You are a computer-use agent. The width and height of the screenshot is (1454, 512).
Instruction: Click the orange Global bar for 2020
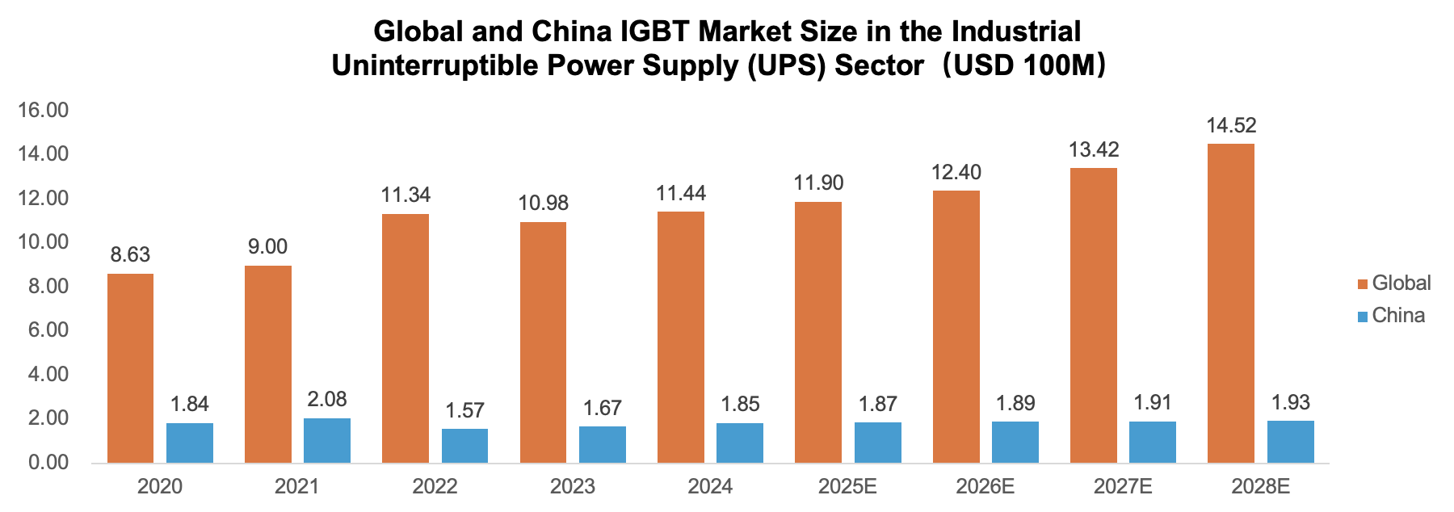(130, 368)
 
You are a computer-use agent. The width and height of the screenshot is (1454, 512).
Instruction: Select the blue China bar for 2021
(327, 440)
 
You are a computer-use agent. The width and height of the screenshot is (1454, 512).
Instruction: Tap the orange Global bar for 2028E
(1231, 303)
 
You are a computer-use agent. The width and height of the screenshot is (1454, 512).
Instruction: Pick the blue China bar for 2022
(464, 446)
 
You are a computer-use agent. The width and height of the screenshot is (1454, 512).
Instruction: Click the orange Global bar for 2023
(543, 342)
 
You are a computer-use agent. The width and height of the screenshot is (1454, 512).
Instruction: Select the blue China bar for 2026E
(1015, 442)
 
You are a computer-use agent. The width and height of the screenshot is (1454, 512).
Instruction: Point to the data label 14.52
(1231, 125)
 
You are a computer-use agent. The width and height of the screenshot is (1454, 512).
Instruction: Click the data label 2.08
(327, 399)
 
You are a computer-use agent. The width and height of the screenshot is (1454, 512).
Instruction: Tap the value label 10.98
(543, 203)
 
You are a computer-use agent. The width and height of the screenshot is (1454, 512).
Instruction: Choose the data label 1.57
(464, 410)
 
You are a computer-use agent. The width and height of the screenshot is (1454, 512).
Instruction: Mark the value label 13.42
(1094, 149)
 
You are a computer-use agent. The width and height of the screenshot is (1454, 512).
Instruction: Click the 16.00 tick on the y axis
(43, 111)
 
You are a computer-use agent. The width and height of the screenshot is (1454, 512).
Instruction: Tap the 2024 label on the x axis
(710, 486)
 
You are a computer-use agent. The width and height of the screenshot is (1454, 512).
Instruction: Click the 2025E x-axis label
(847, 486)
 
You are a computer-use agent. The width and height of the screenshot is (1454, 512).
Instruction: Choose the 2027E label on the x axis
(1123, 486)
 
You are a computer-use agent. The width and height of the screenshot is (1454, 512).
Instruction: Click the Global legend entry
(1401, 283)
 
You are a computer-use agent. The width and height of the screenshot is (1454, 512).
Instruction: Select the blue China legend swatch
(1363, 316)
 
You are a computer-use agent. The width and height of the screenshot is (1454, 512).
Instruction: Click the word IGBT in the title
(655, 31)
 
